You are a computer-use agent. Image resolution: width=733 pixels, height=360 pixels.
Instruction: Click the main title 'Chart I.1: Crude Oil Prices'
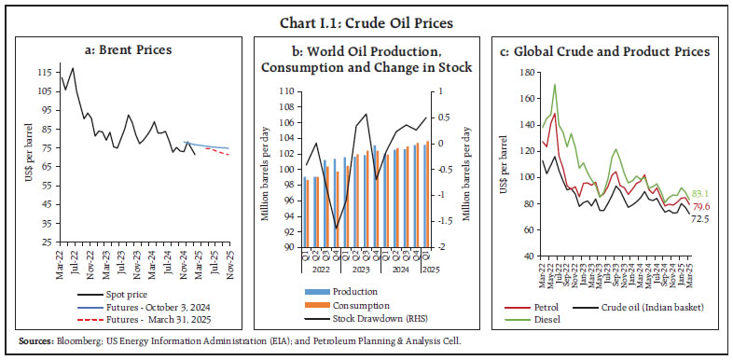point(366,12)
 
